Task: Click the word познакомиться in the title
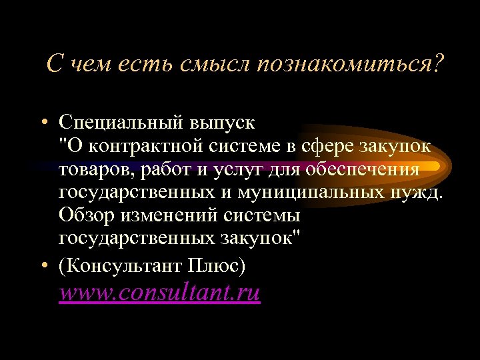[344, 65]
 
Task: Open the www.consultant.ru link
[159, 293]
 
